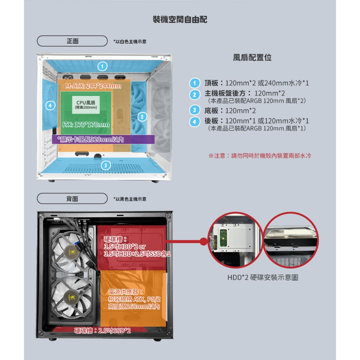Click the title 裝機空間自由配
pos(180,20)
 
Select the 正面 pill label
pos(72,41)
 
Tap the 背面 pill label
pos(72,199)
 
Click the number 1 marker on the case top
pos(102,66)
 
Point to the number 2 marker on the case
pos(142,117)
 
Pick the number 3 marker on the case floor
pos(105,165)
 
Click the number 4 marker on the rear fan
pos(51,105)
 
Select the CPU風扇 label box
pos(86,105)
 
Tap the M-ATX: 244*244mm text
pos(93,86)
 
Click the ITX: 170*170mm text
pos(86,125)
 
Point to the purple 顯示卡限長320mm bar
pos(103,139)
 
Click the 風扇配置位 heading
pos(252,57)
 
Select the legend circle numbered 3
pos(195,110)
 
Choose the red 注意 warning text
pos(260,156)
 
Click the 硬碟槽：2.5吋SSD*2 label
pos(102,330)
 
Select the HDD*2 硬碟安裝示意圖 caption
pos(263,277)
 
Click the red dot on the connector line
pos(204,241)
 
